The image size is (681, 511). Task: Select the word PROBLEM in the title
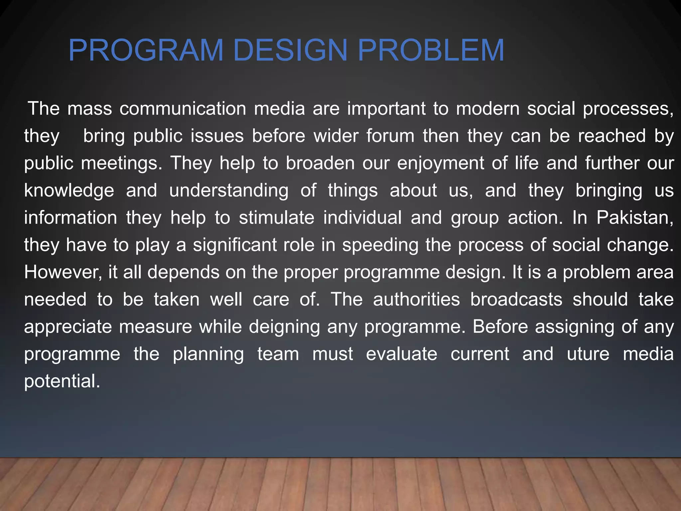point(431,51)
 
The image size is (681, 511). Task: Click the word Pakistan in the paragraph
point(634,218)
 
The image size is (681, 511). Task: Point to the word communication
point(183,109)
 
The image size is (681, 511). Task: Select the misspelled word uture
point(588,354)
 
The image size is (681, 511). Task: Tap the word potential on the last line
point(62,381)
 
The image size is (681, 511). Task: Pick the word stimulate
point(276,218)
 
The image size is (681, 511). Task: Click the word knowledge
point(69,191)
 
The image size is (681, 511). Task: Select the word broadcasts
point(516,300)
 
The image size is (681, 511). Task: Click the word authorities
point(416,300)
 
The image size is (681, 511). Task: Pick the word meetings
point(121,164)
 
